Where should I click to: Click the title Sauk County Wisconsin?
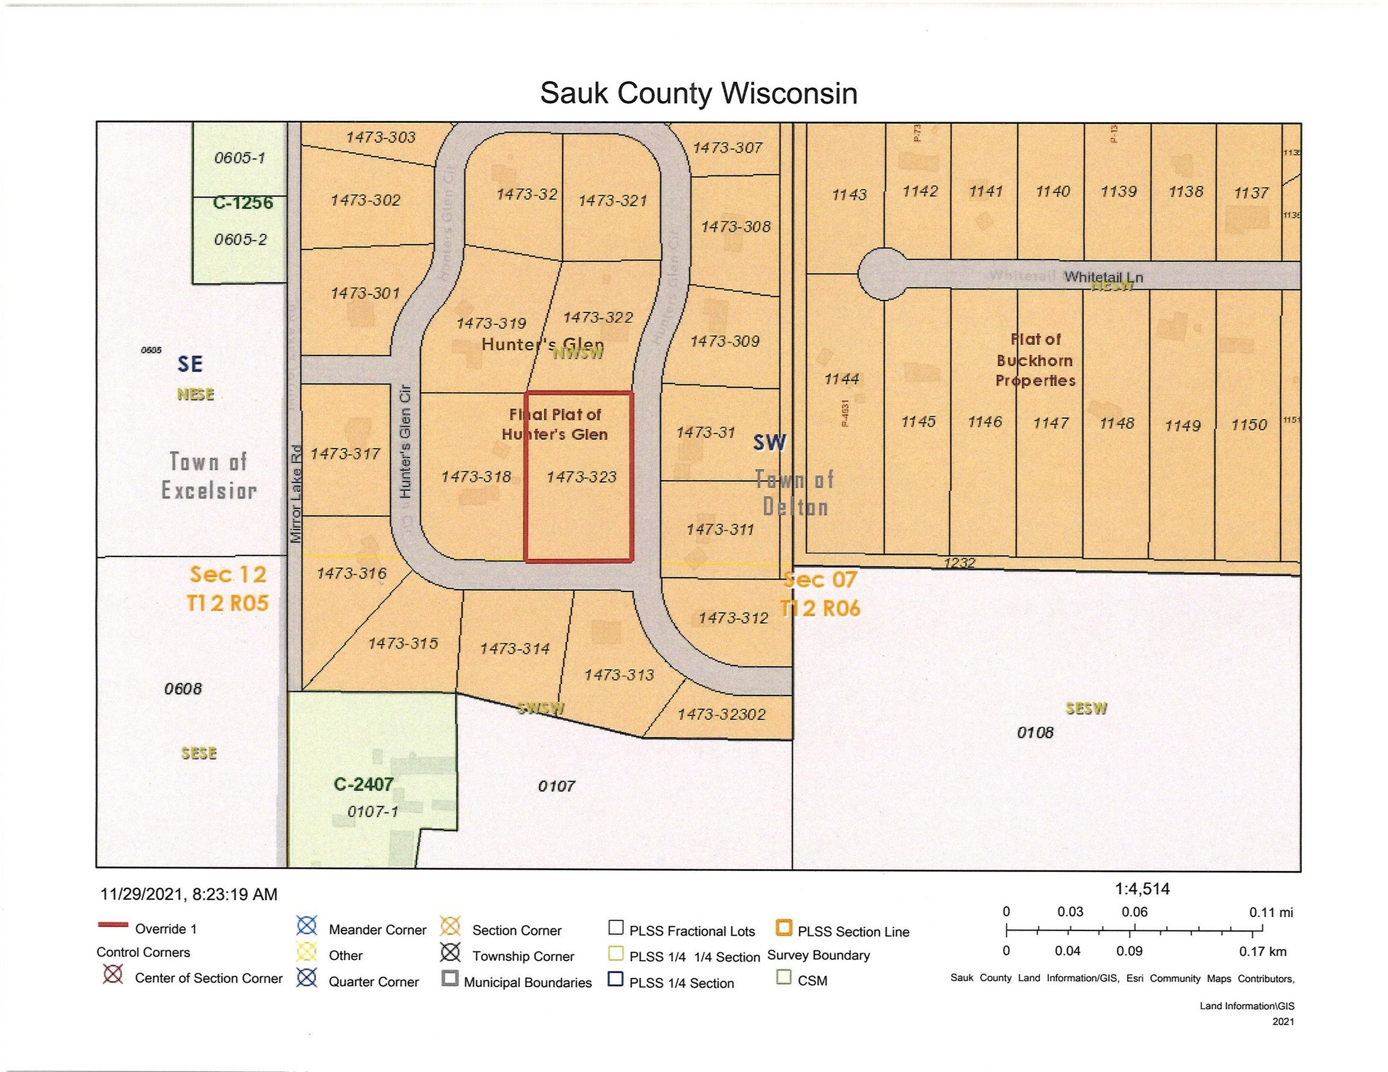click(698, 93)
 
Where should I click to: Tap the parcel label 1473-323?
click(581, 476)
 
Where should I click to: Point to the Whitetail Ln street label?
click(1103, 277)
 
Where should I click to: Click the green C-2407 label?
click(363, 784)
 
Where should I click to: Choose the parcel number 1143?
click(849, 195)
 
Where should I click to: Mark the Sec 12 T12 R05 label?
click(228, 588)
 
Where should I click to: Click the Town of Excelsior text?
click(208, 476)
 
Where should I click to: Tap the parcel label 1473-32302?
click(721, 714)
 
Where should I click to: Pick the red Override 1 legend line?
click(113, 925)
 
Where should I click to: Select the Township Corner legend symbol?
click(451, 953)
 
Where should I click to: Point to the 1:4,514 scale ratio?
click(1142, 888)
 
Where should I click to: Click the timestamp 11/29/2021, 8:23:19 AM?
click(189, 895)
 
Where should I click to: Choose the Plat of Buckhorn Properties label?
click(1036, 360)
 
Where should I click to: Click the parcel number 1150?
click(1249, 425)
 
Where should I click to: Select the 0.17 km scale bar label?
click(1262, 952)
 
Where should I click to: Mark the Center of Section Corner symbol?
click(113, 974)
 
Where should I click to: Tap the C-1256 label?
click(243, 203)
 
